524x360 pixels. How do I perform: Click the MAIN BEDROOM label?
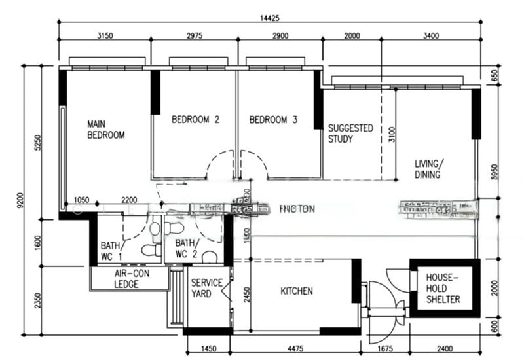tap(106, 129)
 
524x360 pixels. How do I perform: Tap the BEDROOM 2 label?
tap(195, 120)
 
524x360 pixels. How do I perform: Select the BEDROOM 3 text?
tap(273, 120)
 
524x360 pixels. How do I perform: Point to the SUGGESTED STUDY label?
tap(350, 134)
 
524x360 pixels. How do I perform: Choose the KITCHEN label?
tap(297, 291)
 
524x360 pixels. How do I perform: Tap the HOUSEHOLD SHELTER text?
tap(443, 288)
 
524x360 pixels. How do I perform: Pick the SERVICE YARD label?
tap(206, 289)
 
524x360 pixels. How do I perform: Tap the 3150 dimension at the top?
tap(105, 36)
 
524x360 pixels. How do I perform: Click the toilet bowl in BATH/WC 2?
tap(208, 256)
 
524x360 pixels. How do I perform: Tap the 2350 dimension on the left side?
tap(37, 299)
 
